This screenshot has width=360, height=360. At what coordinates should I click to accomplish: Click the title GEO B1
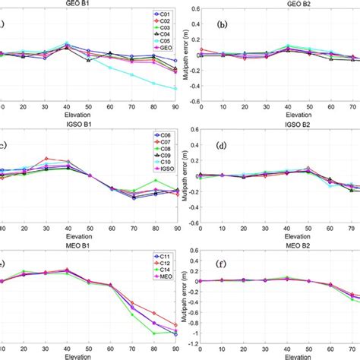point(88,4)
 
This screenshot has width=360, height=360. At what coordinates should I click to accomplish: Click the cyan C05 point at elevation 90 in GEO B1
point(176,89)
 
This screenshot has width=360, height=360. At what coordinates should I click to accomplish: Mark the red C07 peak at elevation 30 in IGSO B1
point(46,159)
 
